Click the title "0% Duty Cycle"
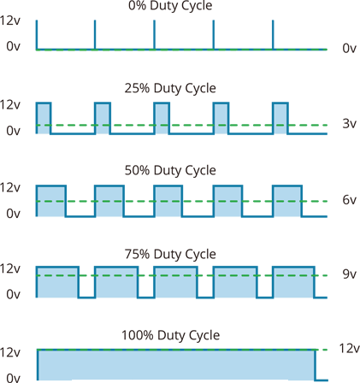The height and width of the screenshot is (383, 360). tap(170, 6)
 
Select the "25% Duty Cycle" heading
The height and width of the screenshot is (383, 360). tap(170, 88)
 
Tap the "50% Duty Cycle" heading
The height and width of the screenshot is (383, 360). tap(170, 170)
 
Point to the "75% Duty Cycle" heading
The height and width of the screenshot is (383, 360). tap(170, 254)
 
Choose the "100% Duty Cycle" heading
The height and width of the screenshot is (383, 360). tap(170, 335)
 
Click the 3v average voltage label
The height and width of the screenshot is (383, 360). tap(349, 124)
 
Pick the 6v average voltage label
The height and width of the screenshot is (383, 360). tap(349, 200)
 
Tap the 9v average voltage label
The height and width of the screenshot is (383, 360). tap(349, 274)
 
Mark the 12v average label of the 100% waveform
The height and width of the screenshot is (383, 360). tap(349, 348)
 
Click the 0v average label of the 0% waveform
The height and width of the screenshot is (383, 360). tap(349, 48)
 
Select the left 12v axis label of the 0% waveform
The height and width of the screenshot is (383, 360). tap(10, 21)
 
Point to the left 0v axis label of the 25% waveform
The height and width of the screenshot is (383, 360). tap(14, 131)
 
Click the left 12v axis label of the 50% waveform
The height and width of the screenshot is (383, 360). tap(10, 187)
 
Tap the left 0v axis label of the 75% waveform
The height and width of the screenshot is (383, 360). tap(14, 294)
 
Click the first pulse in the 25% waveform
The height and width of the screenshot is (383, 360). tap(44, 118)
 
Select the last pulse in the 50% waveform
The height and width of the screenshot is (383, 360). tap(287, 201)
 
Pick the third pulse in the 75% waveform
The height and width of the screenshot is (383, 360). tap(175, 282)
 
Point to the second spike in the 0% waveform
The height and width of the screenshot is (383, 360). tap(95, 35)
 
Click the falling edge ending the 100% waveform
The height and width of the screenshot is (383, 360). tap(316, 365)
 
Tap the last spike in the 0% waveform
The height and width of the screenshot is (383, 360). tap(273, 35)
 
